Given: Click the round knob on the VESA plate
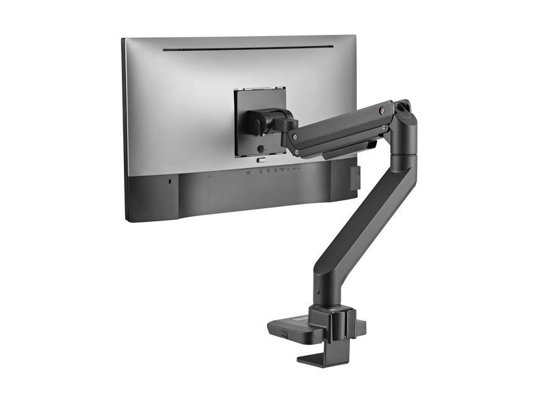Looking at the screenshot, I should [x=262, y=149].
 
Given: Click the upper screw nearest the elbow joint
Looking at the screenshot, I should [x=382, y=112].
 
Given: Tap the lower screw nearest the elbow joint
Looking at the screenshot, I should [x=385, y=127].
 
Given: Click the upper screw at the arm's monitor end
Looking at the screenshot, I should [x=295, y=137].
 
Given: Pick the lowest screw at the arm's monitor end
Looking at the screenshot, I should [x=297, y=152].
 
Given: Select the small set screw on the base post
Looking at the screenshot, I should [x=318, y=293].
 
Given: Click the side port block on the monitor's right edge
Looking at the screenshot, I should [x=354, y=177].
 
